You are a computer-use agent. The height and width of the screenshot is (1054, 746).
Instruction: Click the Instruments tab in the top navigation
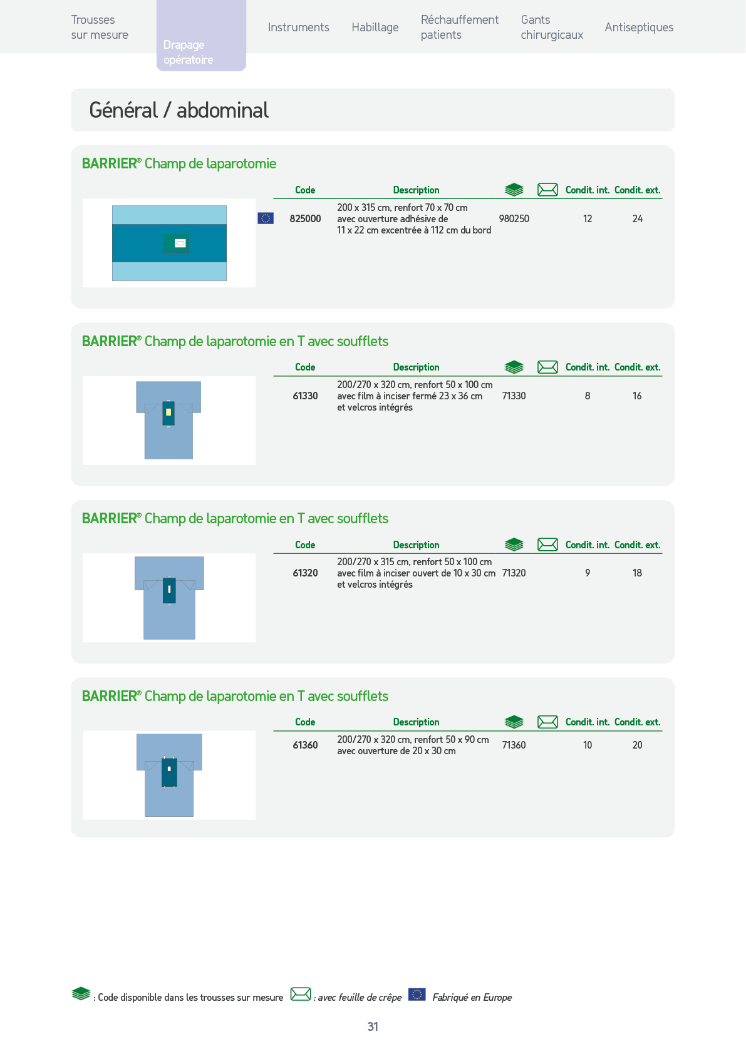point(298,28)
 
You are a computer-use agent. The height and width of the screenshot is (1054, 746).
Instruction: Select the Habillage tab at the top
point(375,28)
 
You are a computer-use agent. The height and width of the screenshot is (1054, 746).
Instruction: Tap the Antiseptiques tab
point(639,28)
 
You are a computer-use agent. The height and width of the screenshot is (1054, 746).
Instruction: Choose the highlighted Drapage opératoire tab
point(201,35)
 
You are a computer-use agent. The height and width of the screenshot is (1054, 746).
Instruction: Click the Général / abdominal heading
point(179,110)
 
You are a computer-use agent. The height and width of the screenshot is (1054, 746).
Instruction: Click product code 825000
point(305,219)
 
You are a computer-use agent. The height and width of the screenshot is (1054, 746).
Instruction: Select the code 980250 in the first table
point(514,219)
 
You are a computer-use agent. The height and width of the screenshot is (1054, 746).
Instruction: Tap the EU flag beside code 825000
point(266,218)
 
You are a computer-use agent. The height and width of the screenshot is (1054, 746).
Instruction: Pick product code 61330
point(305,396)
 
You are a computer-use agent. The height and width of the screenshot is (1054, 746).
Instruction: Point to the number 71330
point(514,396)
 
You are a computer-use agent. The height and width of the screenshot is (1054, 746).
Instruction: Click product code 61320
point(305,573)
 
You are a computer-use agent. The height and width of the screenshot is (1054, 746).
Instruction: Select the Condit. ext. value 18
point(637,573)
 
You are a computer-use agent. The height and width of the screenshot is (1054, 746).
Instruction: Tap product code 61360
point(305,745)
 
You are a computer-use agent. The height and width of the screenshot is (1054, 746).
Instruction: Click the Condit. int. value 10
point(588,745)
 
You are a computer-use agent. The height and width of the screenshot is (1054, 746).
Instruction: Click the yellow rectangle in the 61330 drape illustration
point(168,412)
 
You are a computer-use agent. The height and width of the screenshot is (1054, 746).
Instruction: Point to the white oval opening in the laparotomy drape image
point(180,243)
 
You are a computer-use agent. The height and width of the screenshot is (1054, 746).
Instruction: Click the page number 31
point(373,1026)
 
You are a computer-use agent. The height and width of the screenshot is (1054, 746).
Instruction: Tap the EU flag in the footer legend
point(417,995)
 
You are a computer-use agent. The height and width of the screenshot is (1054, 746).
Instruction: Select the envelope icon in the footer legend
point(301,995)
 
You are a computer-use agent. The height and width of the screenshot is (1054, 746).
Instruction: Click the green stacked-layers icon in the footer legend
point(81,994)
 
